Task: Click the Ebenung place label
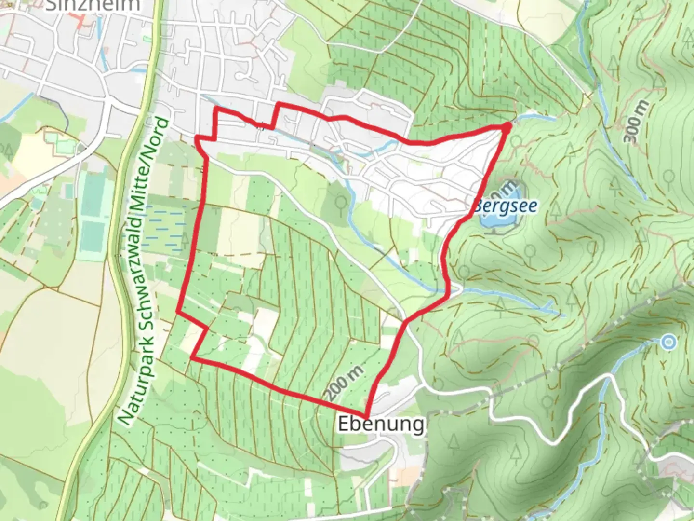click(381, 425)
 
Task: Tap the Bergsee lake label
click(505, 206)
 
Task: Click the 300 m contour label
click(637, 122)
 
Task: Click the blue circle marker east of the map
click(668, 343)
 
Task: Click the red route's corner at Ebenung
click(367, 416)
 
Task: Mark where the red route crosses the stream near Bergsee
click(449, 291)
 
